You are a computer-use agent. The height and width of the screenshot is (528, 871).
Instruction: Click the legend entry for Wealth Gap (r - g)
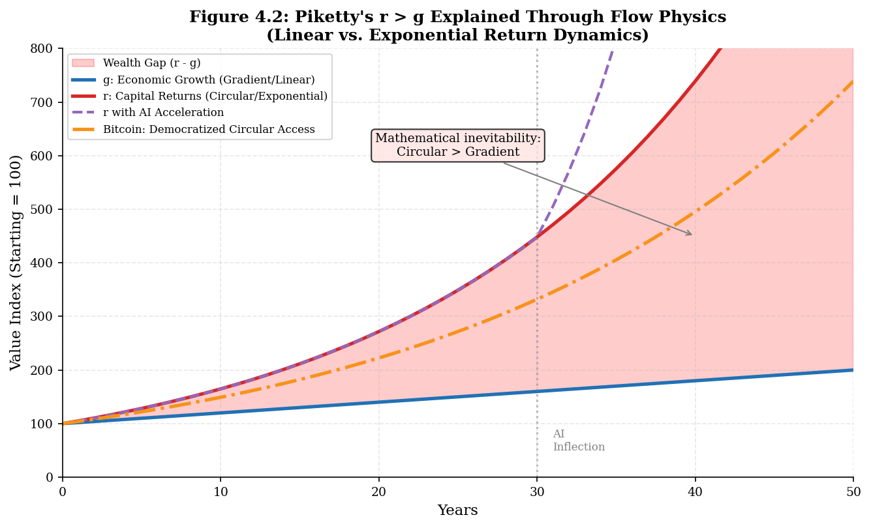click(x=151, y=63)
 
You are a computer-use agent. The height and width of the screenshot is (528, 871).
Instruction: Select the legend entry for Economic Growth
click(x=209, y=80)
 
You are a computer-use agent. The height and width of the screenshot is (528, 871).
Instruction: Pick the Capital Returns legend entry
click(x=215, y=96)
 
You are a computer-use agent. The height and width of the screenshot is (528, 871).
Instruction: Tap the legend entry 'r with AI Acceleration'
click(x=163, y=113)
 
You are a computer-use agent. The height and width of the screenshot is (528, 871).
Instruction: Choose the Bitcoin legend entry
click(x=209, y=130)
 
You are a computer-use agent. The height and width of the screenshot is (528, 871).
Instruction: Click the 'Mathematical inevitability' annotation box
click(x=458, y=145)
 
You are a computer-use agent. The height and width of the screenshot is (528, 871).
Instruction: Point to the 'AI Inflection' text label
click(x=579, y=441)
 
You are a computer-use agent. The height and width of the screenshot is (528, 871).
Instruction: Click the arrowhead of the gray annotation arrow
click(x=691, y=234)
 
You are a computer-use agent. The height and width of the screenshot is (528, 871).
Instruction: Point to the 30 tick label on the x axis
click(x=537, y=491)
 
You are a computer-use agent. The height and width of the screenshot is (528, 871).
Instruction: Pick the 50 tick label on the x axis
click(x=853, y=491)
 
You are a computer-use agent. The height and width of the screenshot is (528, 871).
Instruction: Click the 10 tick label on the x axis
click(x=221, y=491)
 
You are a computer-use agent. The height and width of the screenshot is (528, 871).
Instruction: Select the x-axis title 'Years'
click(x=457, y=510)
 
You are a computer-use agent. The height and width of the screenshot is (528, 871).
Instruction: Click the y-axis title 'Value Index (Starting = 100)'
click(x=16, y=263)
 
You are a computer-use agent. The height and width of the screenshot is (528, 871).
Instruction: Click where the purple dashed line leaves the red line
click(x=537, y=237)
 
